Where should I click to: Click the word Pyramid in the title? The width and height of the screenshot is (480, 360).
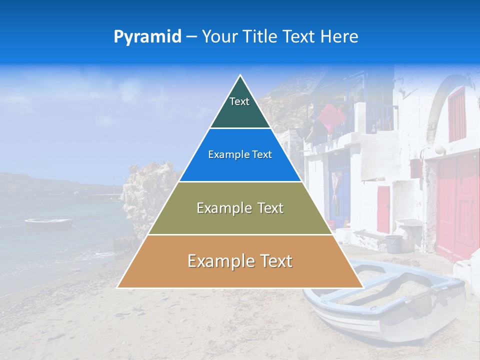(147, 37)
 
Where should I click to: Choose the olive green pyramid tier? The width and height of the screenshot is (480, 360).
(240, 220)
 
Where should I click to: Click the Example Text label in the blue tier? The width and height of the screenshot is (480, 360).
(240, 155)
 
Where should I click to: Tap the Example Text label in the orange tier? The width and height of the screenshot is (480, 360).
(240, 261)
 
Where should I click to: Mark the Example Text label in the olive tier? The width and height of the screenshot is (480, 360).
(240, 208)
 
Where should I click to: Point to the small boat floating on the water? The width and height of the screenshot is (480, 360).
(48, 223)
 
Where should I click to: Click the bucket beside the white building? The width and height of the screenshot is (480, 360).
(393, 243)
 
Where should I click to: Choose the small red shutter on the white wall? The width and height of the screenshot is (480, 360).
(383, 209)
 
